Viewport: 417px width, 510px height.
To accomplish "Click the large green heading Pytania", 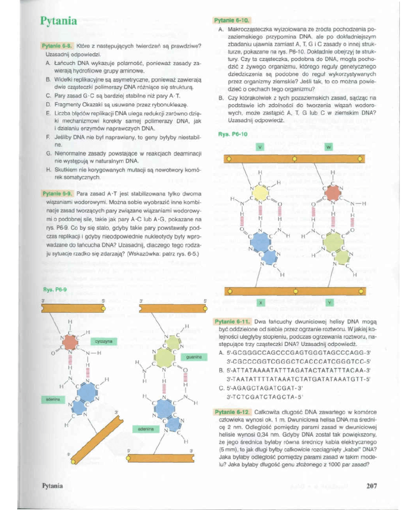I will pyautogui.click(x=58, y=21).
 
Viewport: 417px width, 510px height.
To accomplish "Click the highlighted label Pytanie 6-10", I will pyautogui.click(x=232, y=20).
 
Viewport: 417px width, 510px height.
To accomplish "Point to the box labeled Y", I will pyautogui.click(x=329, y=303).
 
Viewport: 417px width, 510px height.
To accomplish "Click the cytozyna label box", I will pyautogui.click(x=103, y=341).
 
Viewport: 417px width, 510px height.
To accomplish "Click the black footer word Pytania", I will pyautogui.click(x=52, y=486).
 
